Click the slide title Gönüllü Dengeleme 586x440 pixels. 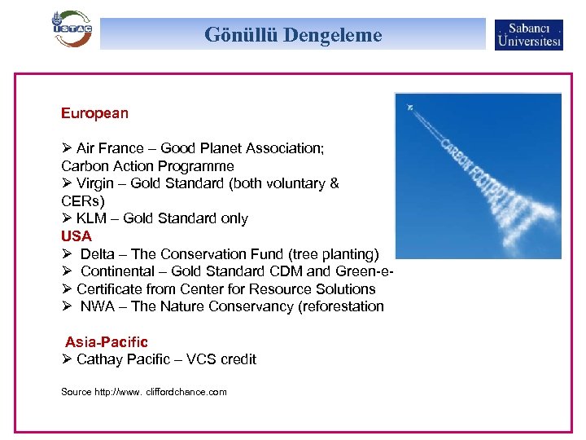tap(293, 35)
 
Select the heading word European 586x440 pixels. tap(94, 113)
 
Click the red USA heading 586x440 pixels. tap(77, 236)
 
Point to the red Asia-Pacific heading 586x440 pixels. tap(107, 342)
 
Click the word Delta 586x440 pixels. tap(98, 253)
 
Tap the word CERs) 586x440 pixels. tap(83, 200)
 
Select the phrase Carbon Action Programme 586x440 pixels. tap(147, 165)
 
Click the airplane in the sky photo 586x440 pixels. tap(411, 107)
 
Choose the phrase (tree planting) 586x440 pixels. tap(333, 253)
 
